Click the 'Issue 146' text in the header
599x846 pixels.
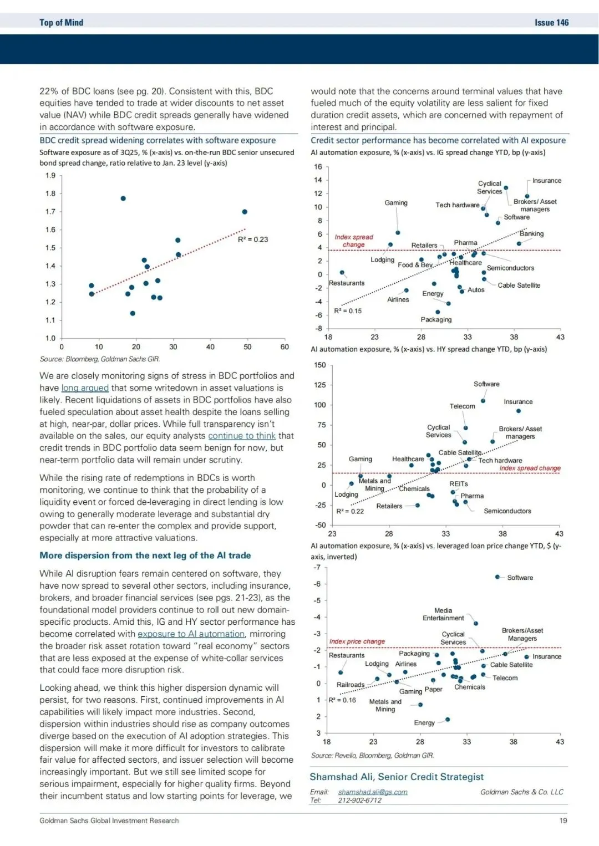551,23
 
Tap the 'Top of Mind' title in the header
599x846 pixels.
61,23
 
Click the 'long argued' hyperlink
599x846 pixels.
85,388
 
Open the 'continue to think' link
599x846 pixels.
242,436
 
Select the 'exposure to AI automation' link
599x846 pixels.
191,634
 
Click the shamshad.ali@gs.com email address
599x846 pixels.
373,792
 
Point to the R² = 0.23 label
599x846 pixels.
253,239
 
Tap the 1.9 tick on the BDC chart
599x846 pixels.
50,176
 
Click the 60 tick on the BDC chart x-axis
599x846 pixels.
285,347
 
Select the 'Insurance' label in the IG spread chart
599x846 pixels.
547,181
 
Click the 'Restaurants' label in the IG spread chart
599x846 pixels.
347,283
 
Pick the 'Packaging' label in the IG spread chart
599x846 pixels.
436,320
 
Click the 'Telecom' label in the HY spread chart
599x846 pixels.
462,406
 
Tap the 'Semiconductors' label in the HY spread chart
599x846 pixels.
507,511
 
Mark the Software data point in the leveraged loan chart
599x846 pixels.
498,577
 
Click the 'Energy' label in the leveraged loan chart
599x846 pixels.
424,723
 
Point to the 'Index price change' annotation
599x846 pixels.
357,641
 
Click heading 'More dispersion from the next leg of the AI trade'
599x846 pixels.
145,555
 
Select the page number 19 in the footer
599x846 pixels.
563,820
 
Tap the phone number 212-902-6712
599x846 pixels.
360,800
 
